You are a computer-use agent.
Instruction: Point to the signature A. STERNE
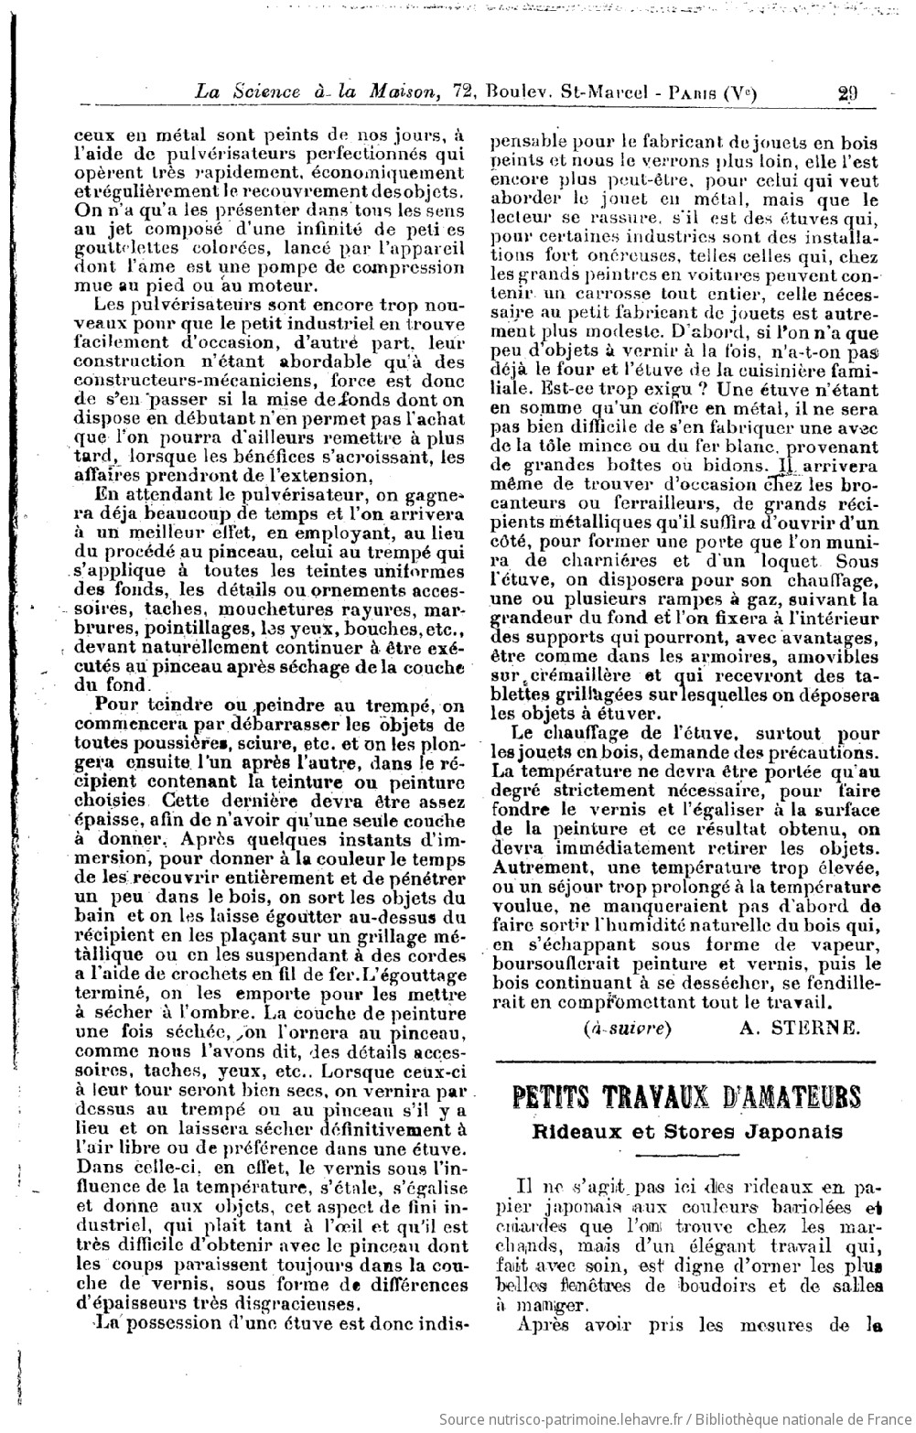point(800,1028)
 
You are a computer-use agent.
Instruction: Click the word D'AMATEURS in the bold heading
point(784,1097)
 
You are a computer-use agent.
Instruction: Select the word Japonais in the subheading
point(801,1131)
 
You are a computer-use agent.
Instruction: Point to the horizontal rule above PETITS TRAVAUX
point(685,1062)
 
